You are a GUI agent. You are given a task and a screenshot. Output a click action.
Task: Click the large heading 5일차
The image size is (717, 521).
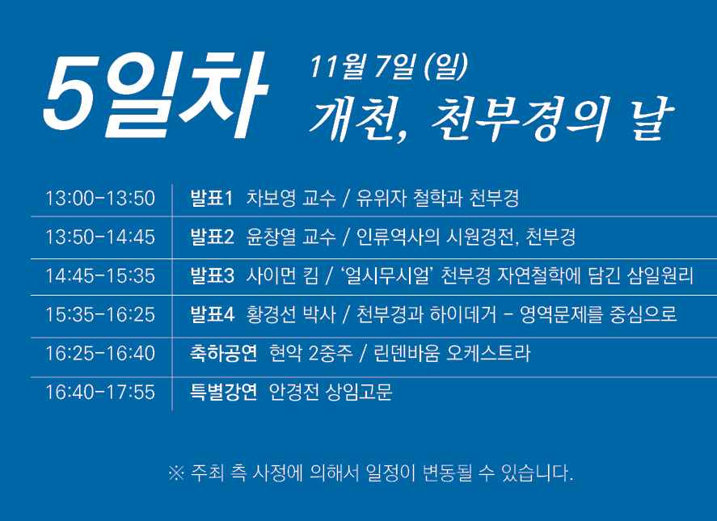(155, 94)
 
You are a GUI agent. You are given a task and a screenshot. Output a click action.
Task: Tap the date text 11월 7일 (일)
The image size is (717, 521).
(389, 67)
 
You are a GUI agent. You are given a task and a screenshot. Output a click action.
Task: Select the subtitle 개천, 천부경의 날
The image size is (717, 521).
(491, 119)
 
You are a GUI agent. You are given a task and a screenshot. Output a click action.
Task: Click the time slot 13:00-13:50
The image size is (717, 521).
(100, 199)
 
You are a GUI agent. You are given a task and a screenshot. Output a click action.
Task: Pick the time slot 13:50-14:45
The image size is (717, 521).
(100, 237)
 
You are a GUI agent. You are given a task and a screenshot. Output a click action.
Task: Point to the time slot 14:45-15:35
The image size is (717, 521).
(100, 276)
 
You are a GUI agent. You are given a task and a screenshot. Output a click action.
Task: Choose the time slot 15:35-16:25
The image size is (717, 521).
(100, 315)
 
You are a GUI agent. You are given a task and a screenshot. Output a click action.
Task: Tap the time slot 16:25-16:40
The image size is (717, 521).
(100, 354)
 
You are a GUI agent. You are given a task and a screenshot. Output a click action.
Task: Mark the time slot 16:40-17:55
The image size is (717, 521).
(100, 393)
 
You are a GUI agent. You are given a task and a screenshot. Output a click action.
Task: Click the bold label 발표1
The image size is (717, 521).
(212, 199)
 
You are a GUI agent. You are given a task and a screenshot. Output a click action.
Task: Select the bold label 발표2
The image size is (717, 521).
(212, 237)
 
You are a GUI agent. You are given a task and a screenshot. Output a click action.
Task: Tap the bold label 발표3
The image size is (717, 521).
(212, 276)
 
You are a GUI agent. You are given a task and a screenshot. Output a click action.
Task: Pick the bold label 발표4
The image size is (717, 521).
(212, 315)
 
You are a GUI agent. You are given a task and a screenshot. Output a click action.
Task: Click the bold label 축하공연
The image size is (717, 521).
(224, 354)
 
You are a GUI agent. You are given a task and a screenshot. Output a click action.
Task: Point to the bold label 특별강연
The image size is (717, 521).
(224, 393)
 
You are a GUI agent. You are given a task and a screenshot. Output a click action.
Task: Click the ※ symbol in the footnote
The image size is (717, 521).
(176, 473)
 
